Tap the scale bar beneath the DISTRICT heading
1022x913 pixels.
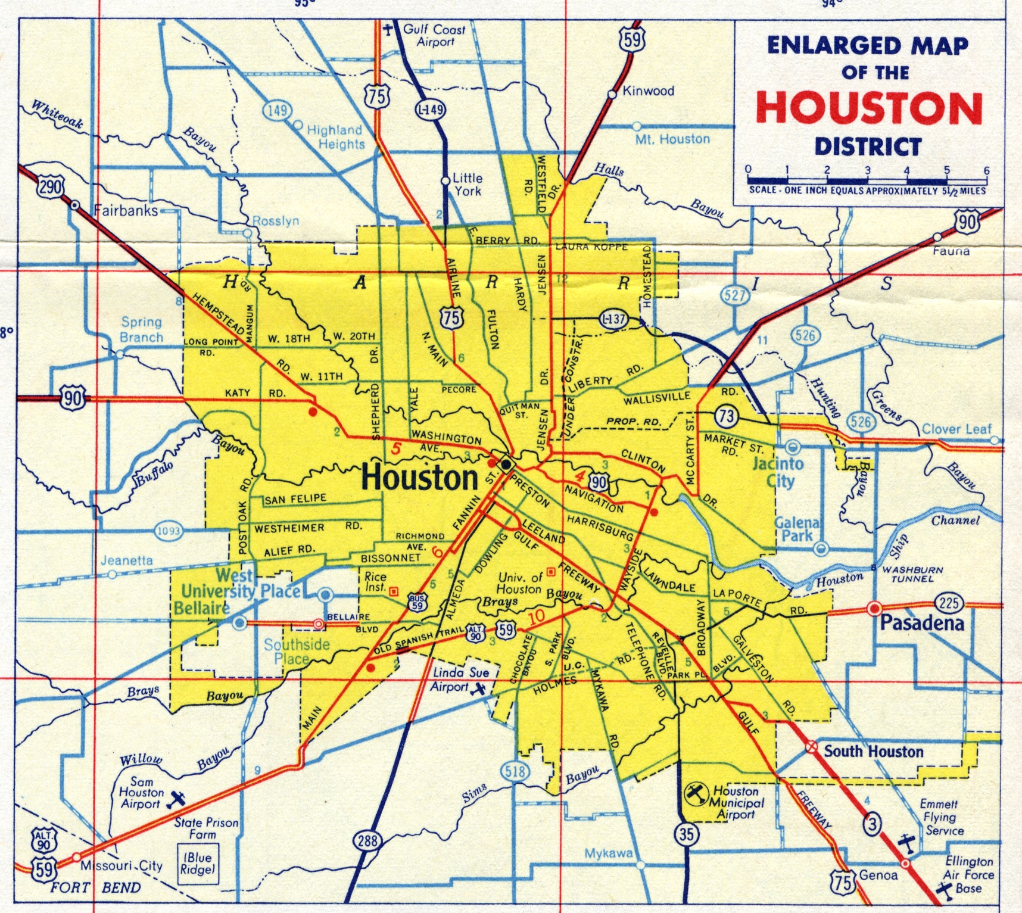pos(867,179)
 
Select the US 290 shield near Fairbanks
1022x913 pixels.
pos(49,187)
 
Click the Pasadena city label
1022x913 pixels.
pos(922,624)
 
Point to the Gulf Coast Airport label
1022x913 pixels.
pos(434,35)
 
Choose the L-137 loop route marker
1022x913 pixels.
pos(613,319)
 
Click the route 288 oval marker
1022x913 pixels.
pos(367,841)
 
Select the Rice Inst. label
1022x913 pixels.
pos(375,581)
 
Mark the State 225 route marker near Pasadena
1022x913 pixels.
pos(949,603)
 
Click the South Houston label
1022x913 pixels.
pos(873,752)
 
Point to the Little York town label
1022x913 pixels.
pos(468,184)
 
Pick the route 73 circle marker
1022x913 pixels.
pos(726,416)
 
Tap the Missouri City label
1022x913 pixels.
pos(121,865)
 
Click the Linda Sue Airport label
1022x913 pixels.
pos(460,679)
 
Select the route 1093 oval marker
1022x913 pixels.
pos(168,531)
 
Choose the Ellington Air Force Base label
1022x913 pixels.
pos(968,874)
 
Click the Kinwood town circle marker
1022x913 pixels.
pos(612,94)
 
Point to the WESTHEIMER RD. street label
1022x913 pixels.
pos(307,528)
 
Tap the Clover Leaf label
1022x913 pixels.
pos(956,429)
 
